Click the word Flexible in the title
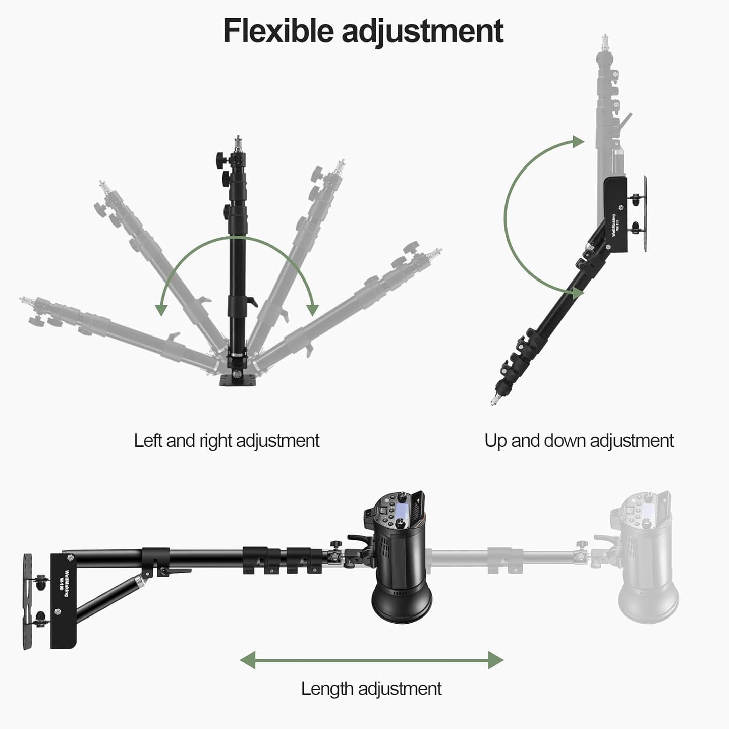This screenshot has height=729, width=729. coord(278,31)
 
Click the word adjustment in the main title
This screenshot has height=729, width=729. coord(422,31)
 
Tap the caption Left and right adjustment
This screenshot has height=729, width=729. coord(227,441)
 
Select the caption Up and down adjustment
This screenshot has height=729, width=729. coord(579,441)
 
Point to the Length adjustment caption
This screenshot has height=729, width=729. coord(371,688)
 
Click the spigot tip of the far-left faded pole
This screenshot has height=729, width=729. coord(23,301)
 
